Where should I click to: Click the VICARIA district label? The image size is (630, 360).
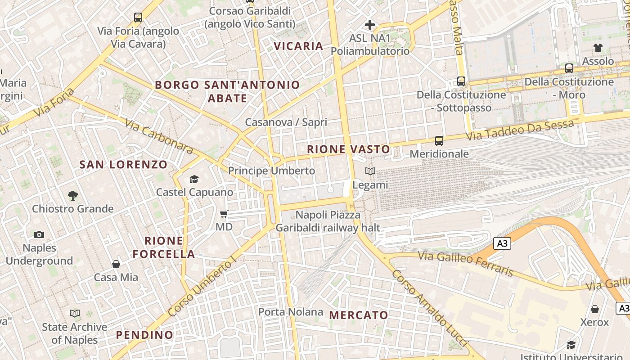[x=298, y=46]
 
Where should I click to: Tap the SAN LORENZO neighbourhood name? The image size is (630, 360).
[x=123, y=165]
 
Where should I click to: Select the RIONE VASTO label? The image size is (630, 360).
[x=349, y=149]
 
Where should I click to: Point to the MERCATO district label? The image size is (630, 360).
[x=359, y=315]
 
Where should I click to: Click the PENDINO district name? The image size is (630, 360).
[x=144, y=335]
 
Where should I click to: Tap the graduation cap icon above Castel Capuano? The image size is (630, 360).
[x=194, y=180]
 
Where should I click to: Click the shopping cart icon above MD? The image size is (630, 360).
[x=224, y=214]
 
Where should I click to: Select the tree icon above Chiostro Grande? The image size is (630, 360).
[x=72, y=196]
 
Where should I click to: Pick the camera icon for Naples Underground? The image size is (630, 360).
[x=39, y=234]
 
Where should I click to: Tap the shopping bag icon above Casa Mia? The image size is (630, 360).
[x=116, y=264]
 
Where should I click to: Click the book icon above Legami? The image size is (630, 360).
[x=370, y=171]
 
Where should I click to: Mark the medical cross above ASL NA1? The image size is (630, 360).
[x=370, y=25]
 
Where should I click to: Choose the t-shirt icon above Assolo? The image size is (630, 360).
[x=598, y=48]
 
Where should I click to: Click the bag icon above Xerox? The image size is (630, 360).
[x=594, y=309]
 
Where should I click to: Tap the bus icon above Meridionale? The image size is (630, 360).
[x=439, y=141]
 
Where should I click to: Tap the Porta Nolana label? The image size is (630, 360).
[x=291, y=312]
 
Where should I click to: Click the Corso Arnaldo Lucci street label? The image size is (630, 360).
[x=431, y=308]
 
